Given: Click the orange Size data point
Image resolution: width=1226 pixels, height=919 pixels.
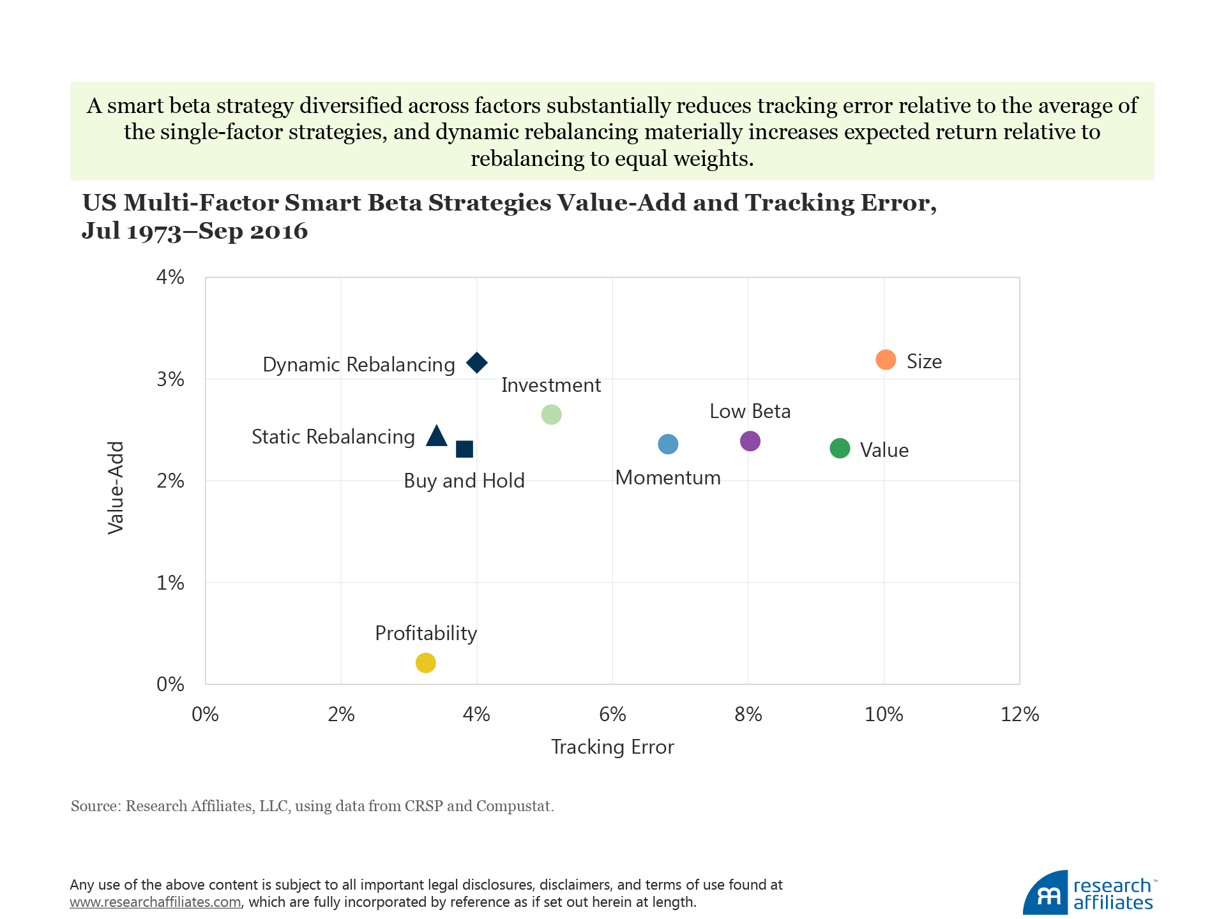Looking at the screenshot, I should [x=886, y=360].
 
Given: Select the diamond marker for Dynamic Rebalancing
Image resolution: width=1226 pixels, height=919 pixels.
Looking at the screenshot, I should [x=477, y=363].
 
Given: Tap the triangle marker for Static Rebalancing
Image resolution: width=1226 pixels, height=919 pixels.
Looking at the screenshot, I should [x=437, y=437].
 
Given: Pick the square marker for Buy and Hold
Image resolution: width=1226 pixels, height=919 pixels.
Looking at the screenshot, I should [x=464, y=449].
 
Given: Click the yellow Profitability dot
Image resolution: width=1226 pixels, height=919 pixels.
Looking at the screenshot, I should [x=425, y=663].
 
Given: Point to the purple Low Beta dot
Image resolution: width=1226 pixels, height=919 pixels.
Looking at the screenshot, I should [x=750, y=441].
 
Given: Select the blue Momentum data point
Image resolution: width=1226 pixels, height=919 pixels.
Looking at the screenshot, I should [x=668, y=444].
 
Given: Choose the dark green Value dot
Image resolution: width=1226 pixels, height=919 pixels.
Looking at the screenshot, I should [x=840, y=449].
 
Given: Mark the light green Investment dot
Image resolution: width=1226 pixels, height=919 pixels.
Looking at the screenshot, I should [x=551, y=415].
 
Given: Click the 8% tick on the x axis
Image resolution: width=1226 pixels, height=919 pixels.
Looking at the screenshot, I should [x=748, y=714].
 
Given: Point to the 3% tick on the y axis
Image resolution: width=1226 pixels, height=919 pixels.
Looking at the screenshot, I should [x=170, y=380].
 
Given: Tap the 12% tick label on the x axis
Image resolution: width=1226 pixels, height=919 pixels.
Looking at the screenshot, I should [x=1020, y=714].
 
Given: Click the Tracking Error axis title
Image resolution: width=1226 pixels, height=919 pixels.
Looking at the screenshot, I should [x=612, y=747].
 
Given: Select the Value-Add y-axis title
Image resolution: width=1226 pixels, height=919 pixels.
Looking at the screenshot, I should [x=116, y=488].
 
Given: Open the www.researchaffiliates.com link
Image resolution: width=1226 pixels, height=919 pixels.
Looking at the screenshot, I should [x=155, y=902].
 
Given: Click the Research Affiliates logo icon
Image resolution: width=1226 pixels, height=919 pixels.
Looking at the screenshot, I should [x=1046, y=893].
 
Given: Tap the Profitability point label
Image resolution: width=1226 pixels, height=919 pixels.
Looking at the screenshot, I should [x=426, y=633].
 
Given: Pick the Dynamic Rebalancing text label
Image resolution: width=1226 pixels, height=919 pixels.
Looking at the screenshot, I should [x=359, y=364].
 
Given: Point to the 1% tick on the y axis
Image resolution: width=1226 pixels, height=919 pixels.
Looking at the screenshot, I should [x=170, y=583].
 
